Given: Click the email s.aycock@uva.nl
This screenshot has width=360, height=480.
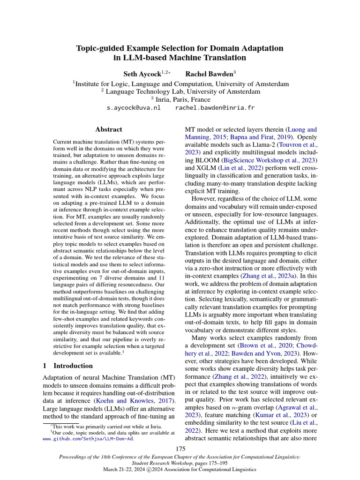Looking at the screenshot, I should [x=134, y=108].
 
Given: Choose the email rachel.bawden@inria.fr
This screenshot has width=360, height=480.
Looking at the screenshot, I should [x=215, y=108].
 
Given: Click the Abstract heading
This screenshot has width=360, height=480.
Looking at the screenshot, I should [x=109, y=129].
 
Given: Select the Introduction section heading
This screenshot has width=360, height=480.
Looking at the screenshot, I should [x=73, y=366].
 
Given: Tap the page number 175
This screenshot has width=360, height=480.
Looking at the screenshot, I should [x=180, y=449].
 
